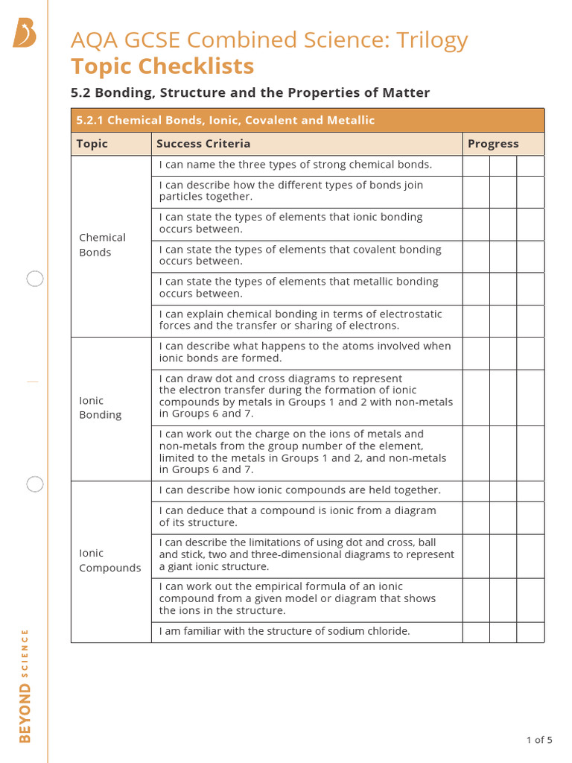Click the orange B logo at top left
click(24, 34)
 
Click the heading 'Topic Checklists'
click(162, 66)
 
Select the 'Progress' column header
click(493, 144)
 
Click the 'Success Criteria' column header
click(203, 144)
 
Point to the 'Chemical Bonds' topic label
click(102, 245)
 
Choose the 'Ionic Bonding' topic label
click(100, 408)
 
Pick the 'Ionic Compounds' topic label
click(109, 560)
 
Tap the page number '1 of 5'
click(539, 740)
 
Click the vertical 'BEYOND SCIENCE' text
click(25, 686)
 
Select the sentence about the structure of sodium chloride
click(285, 631)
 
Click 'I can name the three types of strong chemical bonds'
click(296, 165)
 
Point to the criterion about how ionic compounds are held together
click(299, 490)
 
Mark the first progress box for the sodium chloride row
click(476, 632)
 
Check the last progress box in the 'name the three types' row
click(530, 165)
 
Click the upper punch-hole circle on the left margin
click(35, 279)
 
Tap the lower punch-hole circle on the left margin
click(35, 484)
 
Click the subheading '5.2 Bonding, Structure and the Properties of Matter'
click(250, 93)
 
